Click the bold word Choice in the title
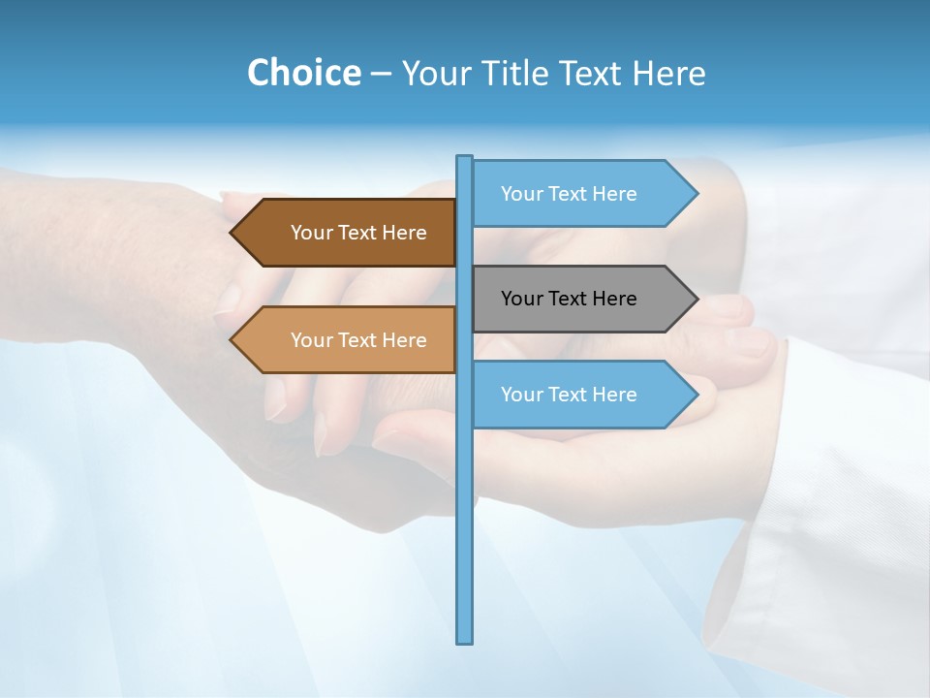(x=303, y=73)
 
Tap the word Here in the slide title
(x=669, y=73)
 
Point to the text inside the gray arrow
(x=569, y=299)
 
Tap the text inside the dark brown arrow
(x=358, y=233)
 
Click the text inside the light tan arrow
(x=358, y=340)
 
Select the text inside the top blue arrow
(x=569, y=194)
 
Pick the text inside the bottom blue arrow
(x=569, y=395)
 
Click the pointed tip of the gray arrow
(x=696, y=299)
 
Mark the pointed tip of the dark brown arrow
(x=232, y=233)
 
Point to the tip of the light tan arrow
(x=232, y=340)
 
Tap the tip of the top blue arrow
(x=696, y=194)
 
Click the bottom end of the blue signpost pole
(x=465, y=640)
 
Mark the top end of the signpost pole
(x=465, y=158)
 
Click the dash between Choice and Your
(x=381, y=74)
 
